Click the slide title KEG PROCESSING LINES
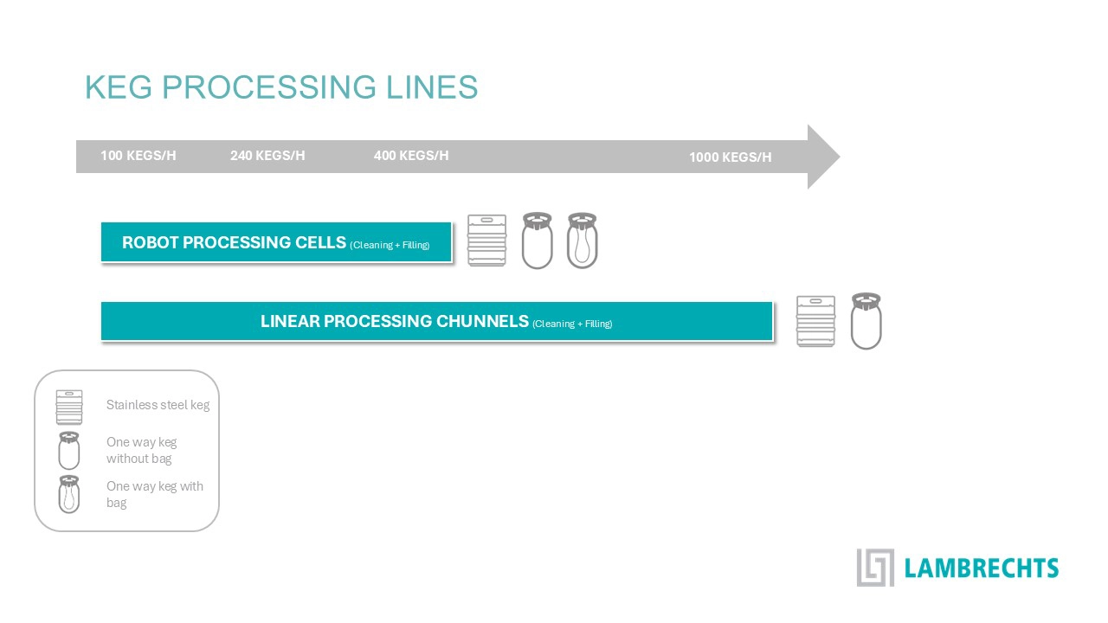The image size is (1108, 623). coord(281,87)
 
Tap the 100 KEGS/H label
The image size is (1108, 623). coord(138,156)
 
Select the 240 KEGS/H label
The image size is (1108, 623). coord(267,156)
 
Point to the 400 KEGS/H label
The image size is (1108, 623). coord(411,156)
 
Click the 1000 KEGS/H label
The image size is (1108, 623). coord(730,157)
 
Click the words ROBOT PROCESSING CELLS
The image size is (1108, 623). coord(234,242)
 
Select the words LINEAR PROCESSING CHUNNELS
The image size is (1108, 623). coord(395,321)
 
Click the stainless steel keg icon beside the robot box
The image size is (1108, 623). coord(486,240)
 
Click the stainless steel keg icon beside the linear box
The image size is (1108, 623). coord(815,321)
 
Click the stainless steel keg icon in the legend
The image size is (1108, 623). coord(69,407)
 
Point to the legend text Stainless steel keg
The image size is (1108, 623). coord(158,405)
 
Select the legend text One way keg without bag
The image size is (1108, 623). coord(141,450)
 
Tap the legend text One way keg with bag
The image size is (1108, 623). coord(154,494)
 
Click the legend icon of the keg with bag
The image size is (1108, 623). coord(68,494)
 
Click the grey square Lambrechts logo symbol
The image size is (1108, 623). coord(874,567)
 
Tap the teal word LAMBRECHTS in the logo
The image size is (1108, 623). coord(981,568)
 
